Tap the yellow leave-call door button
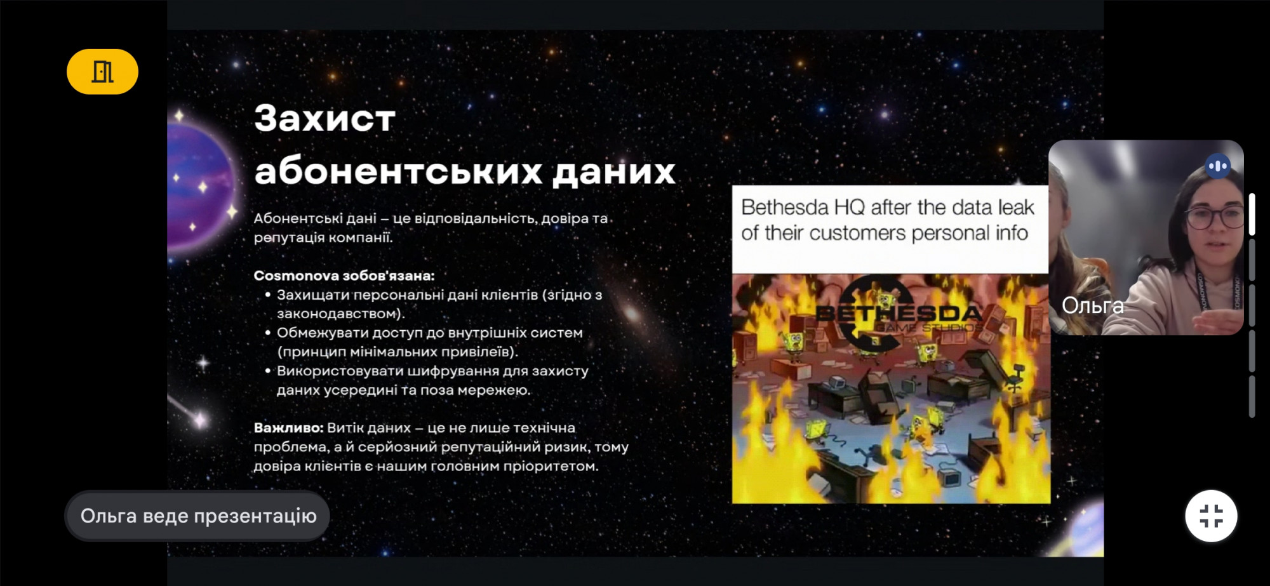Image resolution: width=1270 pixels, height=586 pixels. pos(102,72)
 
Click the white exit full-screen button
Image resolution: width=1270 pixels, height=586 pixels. pos(1211,516)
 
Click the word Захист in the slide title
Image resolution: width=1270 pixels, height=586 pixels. pos(324,118)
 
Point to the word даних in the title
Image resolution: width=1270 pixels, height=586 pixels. pos(614,171)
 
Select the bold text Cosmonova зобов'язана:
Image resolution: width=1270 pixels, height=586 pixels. pos(344,276)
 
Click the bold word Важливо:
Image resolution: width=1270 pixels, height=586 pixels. pos(288,428)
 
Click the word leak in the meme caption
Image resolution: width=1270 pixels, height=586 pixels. pos(1016,208)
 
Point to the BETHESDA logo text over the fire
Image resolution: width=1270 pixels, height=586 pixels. pos(899,313)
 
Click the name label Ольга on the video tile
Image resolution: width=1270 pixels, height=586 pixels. pos(1092,305)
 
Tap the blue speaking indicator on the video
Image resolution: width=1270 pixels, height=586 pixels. pos(1218,166)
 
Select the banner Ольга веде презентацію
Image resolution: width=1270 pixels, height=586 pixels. pos(197,516)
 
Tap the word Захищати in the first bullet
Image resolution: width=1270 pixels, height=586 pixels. pos(313,295)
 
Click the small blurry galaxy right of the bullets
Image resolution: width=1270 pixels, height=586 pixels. pos(632,314)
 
